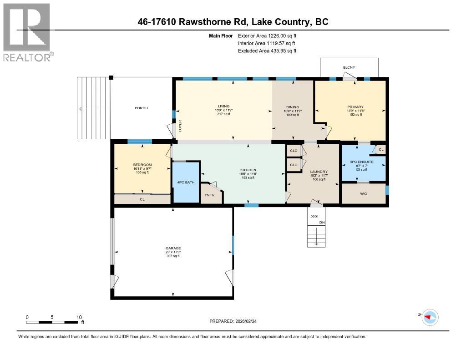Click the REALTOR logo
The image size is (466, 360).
pyautogui.click(x=27, y=32)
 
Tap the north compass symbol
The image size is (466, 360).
pyautogui.click(x=430, y=317)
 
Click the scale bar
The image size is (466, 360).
pyautogui.click(x=52, y=322)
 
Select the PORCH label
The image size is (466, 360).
pyautogui.click(x=141, y=108)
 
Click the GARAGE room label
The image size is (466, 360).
pyautogui.click(x=173, y=248)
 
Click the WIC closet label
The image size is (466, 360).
pyautogui.click(x=363, y=194)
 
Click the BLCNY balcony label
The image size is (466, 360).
pyautogui.click(x=349, y=68)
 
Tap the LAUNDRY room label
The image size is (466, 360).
pyautogui.click(x=319, y=172)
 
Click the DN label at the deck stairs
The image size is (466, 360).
pyautogui.click(x=322, y=222)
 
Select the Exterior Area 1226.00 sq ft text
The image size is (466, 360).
pyautogui.click(x=267, y=35)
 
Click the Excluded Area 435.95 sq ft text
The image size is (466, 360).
pyautogui.click(x=267, y=51)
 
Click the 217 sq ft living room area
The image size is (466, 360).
pyautogui.click(x=223, y=114)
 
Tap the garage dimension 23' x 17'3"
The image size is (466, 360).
pyautogui.click(x=173, y=252)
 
